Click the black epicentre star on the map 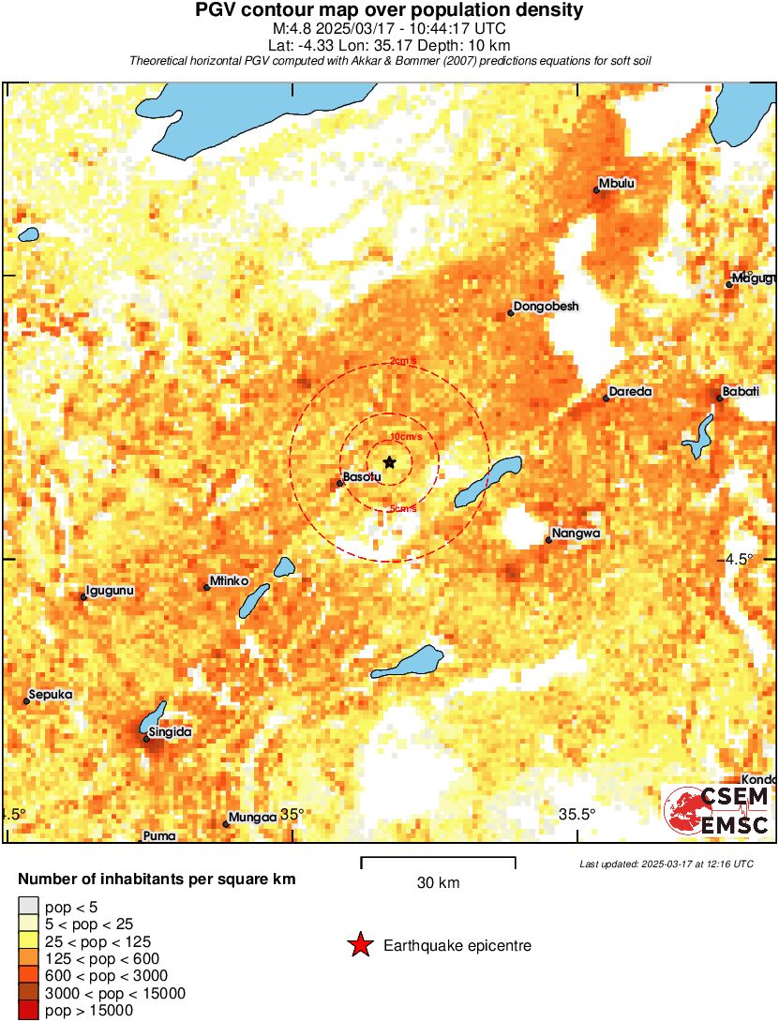click(390, 461)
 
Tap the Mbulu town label click(618, 184)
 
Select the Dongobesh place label click(547, 307)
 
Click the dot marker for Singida click(147, 739)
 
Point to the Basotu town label click(362, 477)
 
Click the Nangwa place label click(575, 534)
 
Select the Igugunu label click(110, 591)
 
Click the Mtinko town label click(230, 580)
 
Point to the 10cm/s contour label click(406, 437)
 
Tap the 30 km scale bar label click(438, 883)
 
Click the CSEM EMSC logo click(718, 811)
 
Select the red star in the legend click(360, 946)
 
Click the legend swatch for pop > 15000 click(29, 1011)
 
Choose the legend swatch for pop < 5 click(29, 906)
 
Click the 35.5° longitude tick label click(577, 814)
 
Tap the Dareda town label click(630, 392)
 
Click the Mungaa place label click(253, 817)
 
